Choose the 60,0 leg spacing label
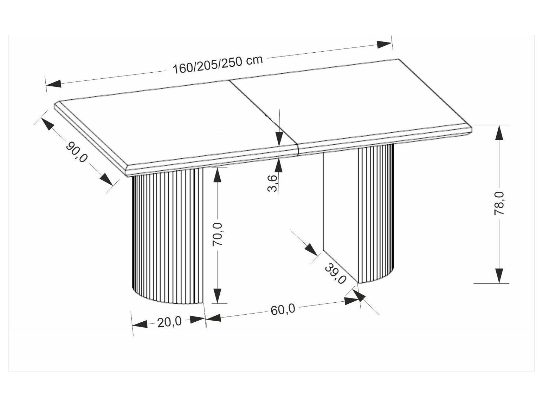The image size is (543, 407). pyautogui.click(x=283, y=309)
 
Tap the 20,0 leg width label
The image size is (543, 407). pyautogui.click(x=169, y=321)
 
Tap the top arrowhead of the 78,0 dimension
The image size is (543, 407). pyautogui.click(x=499, y=133)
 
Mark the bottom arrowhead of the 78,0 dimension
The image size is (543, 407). pyautogui.click(x=499, y=275)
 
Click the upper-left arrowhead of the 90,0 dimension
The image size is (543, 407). pyautogui.click(x=47, y=124)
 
